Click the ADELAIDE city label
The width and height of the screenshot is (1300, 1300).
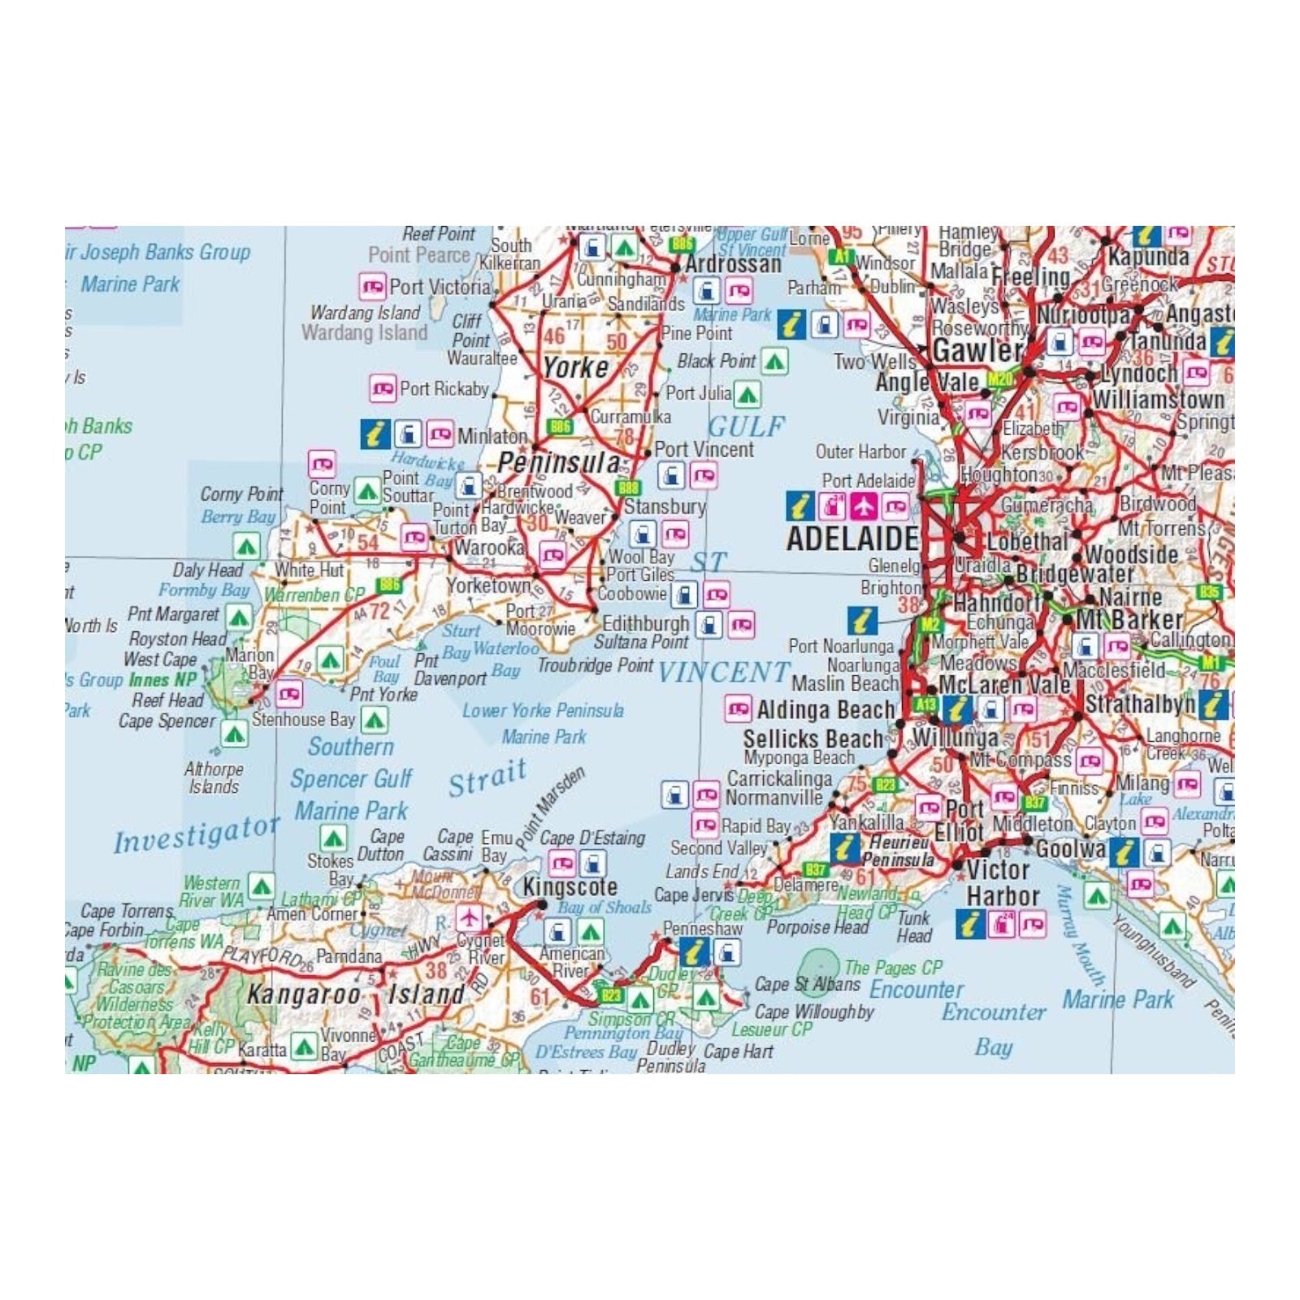point(852,539)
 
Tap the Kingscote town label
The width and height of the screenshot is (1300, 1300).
point(570,886)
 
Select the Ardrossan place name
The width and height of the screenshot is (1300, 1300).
point(733,264)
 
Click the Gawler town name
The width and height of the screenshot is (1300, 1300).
point(977,350)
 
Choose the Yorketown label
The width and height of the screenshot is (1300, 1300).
point(487,585)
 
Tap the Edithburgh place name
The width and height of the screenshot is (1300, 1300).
point(645,624)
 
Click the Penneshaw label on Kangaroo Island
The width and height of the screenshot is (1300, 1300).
point(702,928)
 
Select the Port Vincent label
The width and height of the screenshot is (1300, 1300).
point(704,449)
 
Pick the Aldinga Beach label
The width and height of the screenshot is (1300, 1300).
point(825,709)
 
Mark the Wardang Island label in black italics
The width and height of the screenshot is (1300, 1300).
point(365,312)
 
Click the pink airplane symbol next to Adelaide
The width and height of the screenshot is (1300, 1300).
point(864,506)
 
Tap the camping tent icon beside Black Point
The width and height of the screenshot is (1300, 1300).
point(774,362)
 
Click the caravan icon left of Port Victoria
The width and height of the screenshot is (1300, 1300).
point(373,286)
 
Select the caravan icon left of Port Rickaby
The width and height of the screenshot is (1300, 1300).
point(383,388)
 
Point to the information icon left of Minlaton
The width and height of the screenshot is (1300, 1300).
point(375,435)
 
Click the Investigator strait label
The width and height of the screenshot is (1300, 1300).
point(196,835)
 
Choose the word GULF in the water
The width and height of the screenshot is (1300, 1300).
point(746,426)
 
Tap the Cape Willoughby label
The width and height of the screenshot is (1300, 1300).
point(814,1012)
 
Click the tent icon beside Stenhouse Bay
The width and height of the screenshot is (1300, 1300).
point(374,720)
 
